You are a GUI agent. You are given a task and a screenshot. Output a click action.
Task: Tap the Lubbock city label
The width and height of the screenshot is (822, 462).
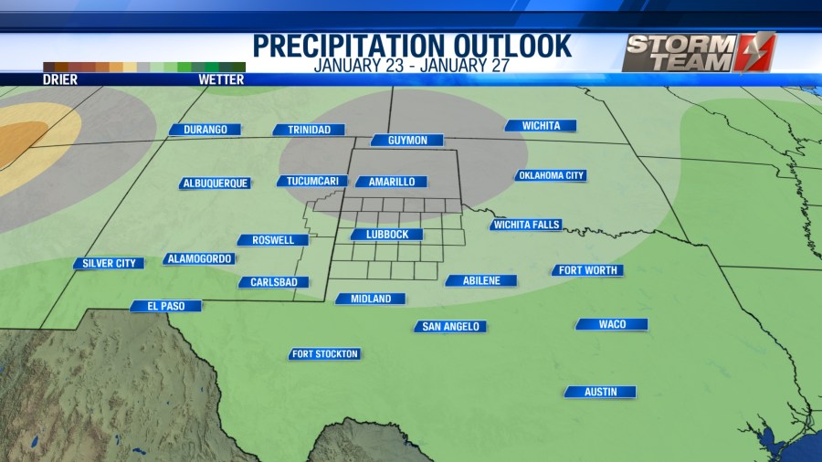(386, 235)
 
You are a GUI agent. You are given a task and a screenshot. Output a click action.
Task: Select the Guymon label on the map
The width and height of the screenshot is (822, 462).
(406, 141)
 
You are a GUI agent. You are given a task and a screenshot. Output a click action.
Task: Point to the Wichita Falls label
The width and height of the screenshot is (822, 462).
(526, 225)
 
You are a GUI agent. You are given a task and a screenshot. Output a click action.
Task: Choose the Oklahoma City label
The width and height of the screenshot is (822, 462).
(550, 175)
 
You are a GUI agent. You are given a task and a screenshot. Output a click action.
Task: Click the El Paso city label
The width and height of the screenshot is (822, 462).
(164, 307)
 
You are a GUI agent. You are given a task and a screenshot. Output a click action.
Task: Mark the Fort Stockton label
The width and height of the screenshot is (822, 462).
(325, 354)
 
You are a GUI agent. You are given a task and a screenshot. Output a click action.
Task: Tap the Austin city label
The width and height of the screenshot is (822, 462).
(599, 392)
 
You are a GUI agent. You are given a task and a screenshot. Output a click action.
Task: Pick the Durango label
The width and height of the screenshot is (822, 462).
(205, 130)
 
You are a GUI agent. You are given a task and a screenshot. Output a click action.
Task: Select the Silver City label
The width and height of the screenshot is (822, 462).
(110, 264)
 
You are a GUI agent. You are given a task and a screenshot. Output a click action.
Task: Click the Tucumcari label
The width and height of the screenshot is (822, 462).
(312, 181)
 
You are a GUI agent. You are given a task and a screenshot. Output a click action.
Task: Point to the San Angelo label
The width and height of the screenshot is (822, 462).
(449, 326)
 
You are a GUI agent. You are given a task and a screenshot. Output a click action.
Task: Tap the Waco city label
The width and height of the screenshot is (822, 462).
(612, 324)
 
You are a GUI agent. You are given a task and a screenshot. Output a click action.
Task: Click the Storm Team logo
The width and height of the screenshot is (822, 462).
(699, 52)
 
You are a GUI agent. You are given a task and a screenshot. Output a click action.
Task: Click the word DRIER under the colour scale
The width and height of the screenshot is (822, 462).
(60, 79)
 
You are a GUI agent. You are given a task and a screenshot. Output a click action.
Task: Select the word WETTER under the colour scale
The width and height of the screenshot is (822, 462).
(221, 79)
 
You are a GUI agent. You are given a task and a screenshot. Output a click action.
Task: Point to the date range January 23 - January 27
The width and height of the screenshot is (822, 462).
(411, 66)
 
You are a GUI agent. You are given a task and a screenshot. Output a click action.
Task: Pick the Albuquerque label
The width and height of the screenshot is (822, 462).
(216, 184)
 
